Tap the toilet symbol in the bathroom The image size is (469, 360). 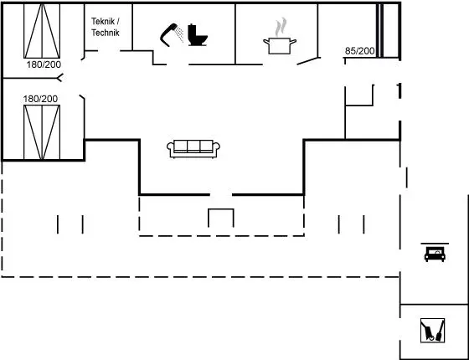click(x=198, y=35)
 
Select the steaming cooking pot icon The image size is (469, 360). click(x=280, y=45)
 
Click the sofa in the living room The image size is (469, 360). click(x=193, y=149)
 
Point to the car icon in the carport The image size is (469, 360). click(x=435, y=255)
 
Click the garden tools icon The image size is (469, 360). click(x=432, y=331)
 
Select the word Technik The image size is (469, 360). click(x=106, y=33)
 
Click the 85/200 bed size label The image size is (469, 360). click(x=359, y=51)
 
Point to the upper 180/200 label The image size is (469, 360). click(x=44, y=64)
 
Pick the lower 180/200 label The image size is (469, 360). click(x=40, y=99)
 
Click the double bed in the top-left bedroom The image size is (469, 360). click(x=42, y=31)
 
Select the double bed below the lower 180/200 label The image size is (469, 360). click(x=42, y=132)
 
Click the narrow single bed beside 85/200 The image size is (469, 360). click(x=380, y=30)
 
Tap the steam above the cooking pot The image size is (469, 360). click(x=281, y=27)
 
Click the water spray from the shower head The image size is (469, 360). click(x=179, y=34)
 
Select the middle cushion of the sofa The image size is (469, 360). click(x=193, y=147)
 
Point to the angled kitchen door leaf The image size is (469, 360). click(x=307, y=60)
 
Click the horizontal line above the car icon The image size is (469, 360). click(x=435, y=244)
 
